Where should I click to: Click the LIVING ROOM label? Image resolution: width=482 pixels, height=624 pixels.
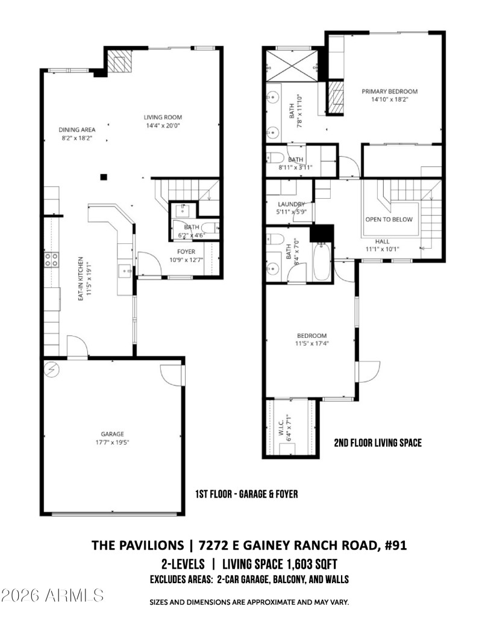click(x=163, y=117)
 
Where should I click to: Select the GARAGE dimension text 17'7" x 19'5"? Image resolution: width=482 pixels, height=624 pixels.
click(x=112, y=442)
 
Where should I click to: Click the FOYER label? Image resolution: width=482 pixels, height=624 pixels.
click(x=186, y=251)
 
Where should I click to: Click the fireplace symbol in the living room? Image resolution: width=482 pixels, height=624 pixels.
click(x=120, y=62)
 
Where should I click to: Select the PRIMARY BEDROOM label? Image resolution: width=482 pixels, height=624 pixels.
click(x=389, y=92)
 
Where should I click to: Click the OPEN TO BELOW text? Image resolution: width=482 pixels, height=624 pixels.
click(x=389, y=220)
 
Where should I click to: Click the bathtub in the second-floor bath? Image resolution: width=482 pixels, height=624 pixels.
click(x=321, y=262)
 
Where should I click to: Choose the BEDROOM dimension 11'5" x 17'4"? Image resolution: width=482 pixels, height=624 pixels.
click(x=311, y=344)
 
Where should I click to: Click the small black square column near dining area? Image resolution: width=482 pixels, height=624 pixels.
click(x=104, y=177)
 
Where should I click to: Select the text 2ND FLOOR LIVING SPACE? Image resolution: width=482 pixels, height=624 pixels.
click(x=378, y=443)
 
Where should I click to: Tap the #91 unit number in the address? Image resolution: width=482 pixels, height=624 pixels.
click(x=393, y=546)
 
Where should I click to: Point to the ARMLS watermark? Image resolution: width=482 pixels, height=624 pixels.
click(x=53, y=596)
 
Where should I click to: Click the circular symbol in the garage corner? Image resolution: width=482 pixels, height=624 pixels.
click(x=52, y=368)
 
